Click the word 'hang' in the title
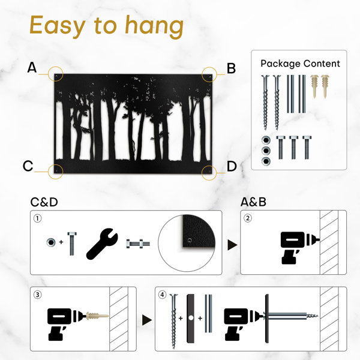click(154, 26)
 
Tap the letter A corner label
click(32, 67)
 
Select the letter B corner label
click(231, 68)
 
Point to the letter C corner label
click(28, 166)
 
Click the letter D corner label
click(232, 166)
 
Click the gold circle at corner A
click(56, 67)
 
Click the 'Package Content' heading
click(300, 64)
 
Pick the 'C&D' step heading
click(44, 202)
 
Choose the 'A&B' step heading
click(253, 202)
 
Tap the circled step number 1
click(38, 218)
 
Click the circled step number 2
click(247, 218)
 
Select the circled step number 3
click(38, 295)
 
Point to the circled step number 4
click(163, 295)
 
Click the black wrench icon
click(102, 244)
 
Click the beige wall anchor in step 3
click(97, 316)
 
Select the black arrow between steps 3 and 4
click(146, 320)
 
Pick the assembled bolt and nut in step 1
click(138, 244)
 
